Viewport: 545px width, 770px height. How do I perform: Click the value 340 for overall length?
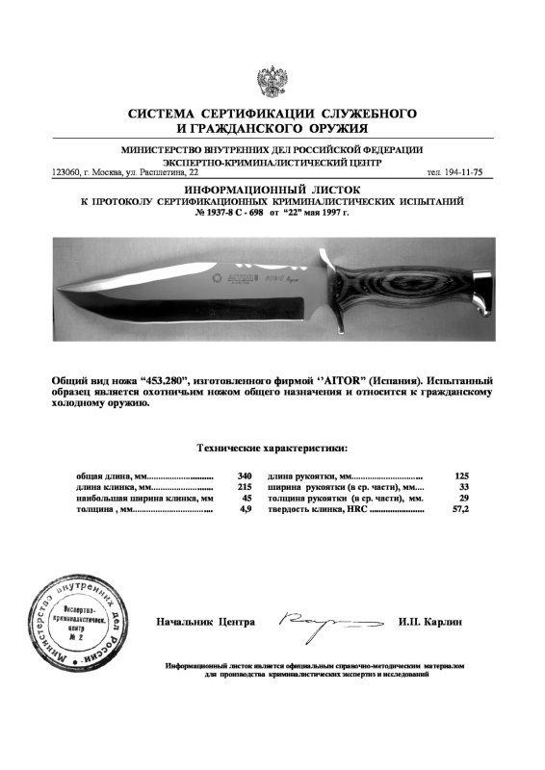244,475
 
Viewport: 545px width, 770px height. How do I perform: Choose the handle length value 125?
461,475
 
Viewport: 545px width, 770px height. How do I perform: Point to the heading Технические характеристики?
272,448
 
